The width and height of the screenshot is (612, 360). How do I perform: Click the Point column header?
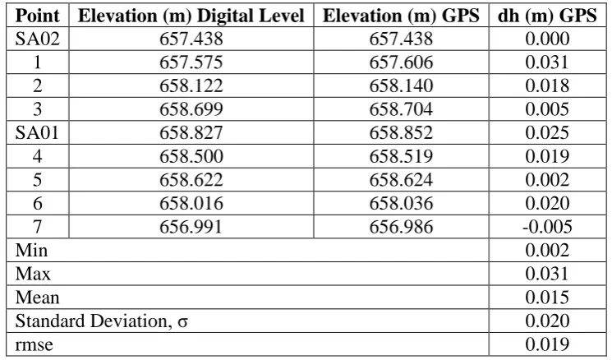pos(38,16)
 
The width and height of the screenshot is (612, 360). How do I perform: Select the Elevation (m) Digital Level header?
pos(191,16)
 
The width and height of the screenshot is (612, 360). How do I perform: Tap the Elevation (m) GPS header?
pos(401,16)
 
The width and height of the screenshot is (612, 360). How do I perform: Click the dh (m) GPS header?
pos(547,16)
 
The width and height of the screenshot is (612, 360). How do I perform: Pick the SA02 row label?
pos(38,39)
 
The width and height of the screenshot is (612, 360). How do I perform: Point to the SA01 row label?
pos(37,133)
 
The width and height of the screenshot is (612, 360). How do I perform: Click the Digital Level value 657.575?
pos(191,62)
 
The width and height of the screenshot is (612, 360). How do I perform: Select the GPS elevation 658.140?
pos(401,85)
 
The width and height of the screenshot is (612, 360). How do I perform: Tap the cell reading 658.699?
pos(191,109)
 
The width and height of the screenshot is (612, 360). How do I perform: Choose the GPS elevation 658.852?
pos(401,133)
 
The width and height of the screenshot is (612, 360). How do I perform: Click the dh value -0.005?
pos(547,227)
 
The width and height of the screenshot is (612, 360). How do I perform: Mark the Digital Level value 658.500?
pos(191,156)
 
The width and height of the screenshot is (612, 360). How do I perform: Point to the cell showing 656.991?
pos(191,227)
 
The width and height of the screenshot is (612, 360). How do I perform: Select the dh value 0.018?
pos(547,85)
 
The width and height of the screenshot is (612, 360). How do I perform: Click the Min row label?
pos(31,251)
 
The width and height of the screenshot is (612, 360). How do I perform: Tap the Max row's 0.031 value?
pos(547,274)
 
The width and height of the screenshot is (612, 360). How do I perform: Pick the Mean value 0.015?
pos(547,298)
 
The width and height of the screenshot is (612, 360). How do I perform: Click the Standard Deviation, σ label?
pos(102,321)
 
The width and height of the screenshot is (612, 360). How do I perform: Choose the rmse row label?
pos(34,344)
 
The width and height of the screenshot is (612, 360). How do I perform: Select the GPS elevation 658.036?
pos(401,204)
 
